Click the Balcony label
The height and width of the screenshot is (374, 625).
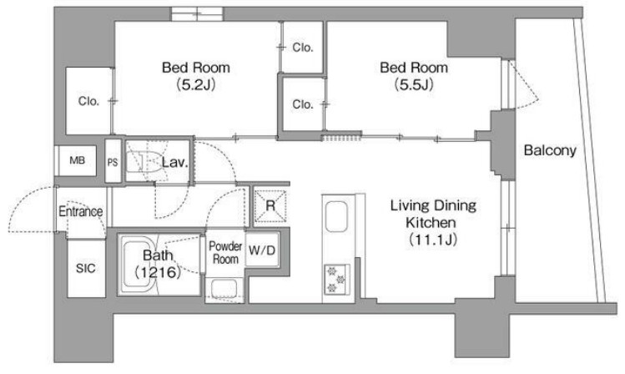coord(550,150)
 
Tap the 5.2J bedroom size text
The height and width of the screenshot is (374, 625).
coord(196,84)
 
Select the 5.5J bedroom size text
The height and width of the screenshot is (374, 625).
coord(414,84)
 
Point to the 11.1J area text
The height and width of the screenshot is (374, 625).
coord(433,240)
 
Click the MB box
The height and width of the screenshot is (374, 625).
coord(77,160)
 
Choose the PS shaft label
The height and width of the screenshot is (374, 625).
coord(113,162)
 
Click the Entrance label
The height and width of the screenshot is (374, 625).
coord(81,211)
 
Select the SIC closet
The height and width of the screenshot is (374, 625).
coord(86,268)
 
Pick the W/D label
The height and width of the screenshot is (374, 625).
coord(262,250)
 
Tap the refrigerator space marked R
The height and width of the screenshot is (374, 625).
coord(270,205)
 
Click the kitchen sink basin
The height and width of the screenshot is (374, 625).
coord(336,217)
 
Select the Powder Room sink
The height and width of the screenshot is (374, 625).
coord(224,288)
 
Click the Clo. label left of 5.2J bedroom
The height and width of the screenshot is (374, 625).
coord(88,101)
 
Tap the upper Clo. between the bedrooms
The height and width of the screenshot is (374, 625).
coord(303,48)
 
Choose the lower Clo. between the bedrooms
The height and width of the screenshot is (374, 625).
coord(303,104)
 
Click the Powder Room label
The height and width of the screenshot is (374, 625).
coord(225,252)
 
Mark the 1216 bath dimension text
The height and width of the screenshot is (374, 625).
coord(158,273)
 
